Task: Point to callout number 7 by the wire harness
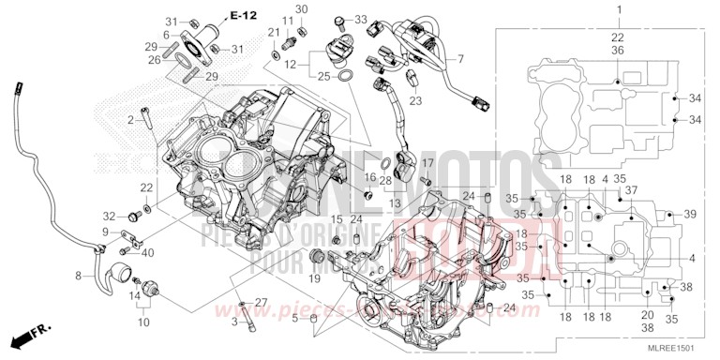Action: (x=459, y=59)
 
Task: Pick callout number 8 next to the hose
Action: (x=80, y=277)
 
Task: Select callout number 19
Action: (x=315, y=277)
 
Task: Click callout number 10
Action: (x=143, y=322)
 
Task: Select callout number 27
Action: (x=261, y=301)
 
